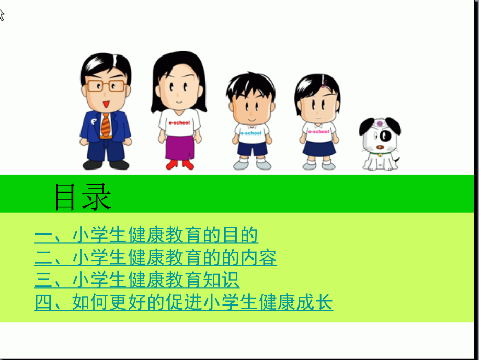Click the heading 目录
83,197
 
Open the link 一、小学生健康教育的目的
146,235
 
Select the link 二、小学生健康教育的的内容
156,258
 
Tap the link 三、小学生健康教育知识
137,280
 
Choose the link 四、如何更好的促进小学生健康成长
184,302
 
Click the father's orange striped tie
106,125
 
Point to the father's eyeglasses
106,86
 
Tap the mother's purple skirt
180,147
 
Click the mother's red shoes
180,165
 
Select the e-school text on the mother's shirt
179,122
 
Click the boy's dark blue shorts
251,148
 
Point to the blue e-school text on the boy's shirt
251,133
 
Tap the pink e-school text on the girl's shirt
318,131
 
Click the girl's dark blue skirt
318,148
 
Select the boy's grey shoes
252,165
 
